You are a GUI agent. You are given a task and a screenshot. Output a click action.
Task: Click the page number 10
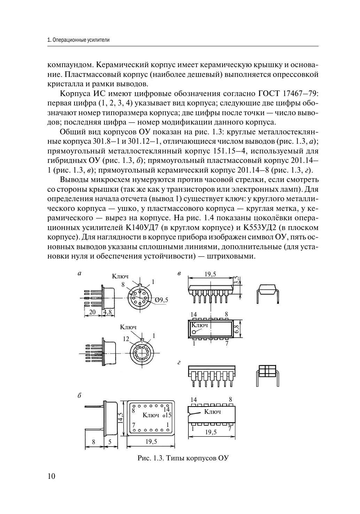[x=51, y=476]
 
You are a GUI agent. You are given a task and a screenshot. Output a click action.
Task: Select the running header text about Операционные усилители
[x=78, y=40]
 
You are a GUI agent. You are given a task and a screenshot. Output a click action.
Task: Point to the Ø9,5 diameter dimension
[x=162, y=300]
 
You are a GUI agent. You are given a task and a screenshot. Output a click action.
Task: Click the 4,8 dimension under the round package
[x=107, y=312]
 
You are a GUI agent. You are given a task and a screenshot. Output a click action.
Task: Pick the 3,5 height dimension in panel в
[x=237, y=280]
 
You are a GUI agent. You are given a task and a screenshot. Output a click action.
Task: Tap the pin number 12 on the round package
[x=126, y=339]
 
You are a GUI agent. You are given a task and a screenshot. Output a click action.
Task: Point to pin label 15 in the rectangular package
[x=169, y=415]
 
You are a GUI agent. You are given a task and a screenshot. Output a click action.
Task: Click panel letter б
[x=79, y=396]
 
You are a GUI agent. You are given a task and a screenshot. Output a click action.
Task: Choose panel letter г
[x=179, y=363]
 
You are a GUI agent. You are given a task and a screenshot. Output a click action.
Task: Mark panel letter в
[x=179, y=274]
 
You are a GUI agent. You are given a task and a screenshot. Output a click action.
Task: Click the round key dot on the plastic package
[x=194, y=332]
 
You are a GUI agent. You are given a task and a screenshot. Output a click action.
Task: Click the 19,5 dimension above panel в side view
[x=210, y=274]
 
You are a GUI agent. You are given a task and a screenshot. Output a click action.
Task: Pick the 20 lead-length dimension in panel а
[x=92, y=312]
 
